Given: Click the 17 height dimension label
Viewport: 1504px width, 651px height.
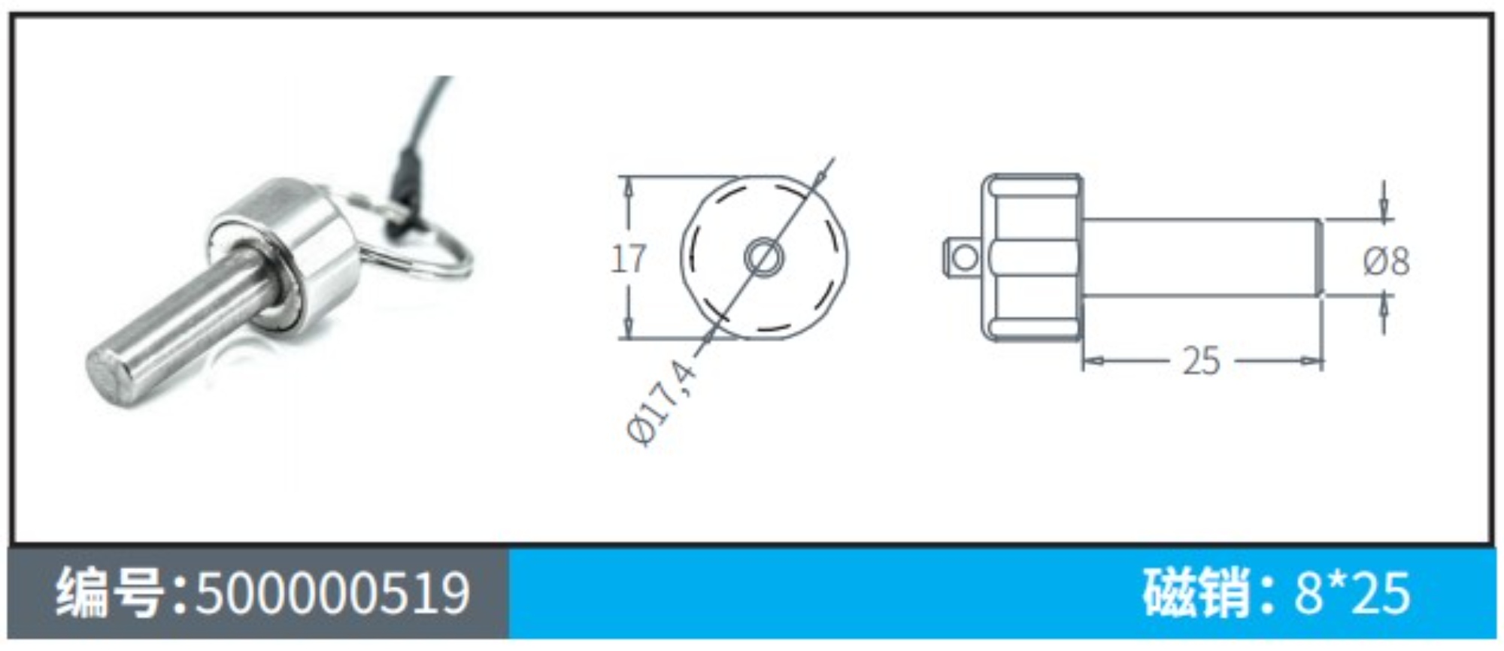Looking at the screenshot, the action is [628, 259].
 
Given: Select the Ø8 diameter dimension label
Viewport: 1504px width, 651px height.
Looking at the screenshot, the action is [1386, 261].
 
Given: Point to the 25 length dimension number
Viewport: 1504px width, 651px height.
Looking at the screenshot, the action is [1201, 361].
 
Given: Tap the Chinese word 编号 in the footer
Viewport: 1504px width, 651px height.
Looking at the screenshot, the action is [111, 592].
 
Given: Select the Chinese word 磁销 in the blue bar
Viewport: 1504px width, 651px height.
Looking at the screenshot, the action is [1196, 592].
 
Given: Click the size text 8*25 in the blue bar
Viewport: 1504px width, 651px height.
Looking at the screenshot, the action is [1352, 592].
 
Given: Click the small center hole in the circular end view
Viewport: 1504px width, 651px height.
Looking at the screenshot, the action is [763, 258].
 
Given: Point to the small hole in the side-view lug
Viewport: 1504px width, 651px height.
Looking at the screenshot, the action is [965, 258].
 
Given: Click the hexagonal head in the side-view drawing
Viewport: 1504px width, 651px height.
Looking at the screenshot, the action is [1032, 257].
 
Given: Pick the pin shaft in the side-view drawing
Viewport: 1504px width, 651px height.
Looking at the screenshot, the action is [1201, 257].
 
